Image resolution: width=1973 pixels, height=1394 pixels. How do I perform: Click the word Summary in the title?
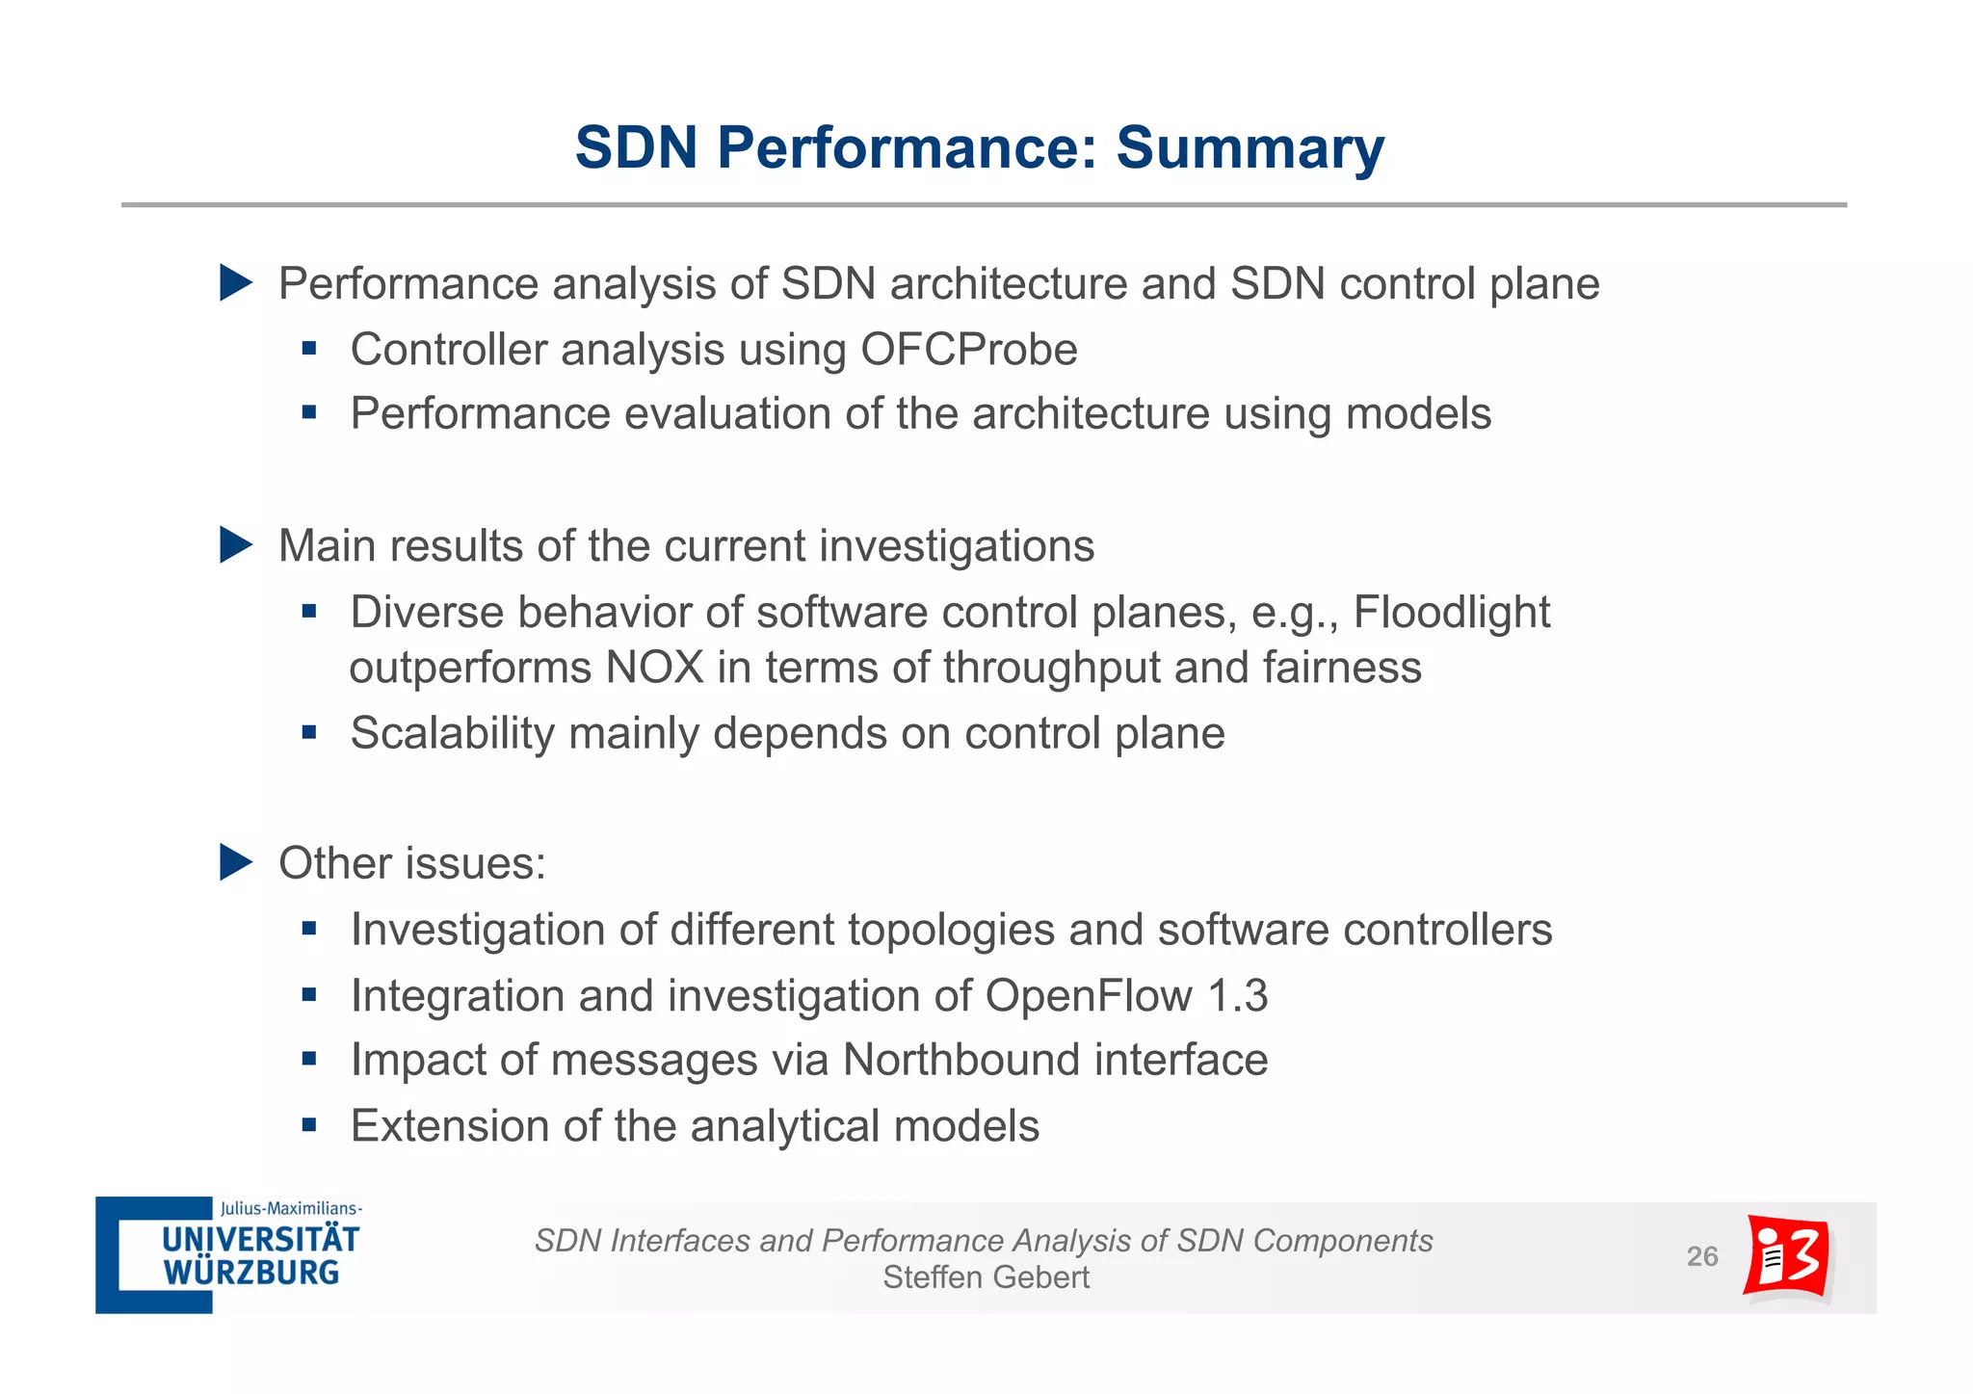point(1250,148)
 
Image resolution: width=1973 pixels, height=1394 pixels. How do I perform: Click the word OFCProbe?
point(968,350)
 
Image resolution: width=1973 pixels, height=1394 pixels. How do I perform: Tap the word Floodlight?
point(1451,613)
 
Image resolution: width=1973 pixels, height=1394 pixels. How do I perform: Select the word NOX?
point(654,669)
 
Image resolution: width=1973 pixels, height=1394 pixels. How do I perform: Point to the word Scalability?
point(452,734)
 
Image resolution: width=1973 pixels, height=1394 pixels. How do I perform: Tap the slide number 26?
point(1701,1256)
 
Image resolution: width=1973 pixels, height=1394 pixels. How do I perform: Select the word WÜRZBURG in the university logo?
point(251,1273)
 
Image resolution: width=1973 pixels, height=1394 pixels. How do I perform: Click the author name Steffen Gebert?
point(986,1277)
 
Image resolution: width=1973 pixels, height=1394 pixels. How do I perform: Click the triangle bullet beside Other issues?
point(235,862)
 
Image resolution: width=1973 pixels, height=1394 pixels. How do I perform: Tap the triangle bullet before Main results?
point(235,545)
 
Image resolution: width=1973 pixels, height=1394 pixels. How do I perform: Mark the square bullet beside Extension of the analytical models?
point(309,1124)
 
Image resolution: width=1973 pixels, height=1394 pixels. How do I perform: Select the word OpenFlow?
point(1088,996)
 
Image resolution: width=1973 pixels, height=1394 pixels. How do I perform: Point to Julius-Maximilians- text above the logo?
point(291,1208)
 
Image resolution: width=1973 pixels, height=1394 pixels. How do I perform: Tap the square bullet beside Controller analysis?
point(309,349)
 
